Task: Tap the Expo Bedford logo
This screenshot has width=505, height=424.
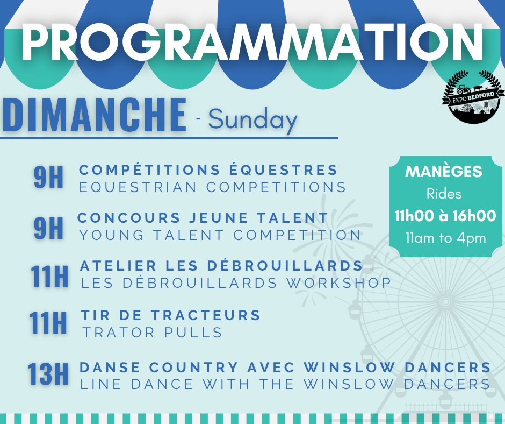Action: pos(473,97)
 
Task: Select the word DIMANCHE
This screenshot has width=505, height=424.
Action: pos(94,115)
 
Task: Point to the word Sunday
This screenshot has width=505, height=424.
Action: pos(252,119)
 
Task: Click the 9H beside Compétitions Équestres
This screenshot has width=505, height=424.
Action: pos(48,177)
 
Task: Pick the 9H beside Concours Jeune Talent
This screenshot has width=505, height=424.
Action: pos(48,228)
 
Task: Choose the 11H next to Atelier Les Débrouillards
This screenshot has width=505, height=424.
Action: pos(49,277)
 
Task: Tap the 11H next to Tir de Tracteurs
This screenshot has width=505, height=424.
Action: pos(48,323)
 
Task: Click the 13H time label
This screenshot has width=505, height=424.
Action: pos(48,374)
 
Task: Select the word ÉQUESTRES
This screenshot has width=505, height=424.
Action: pos(284,169)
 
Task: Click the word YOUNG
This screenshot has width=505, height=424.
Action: pos(112,235)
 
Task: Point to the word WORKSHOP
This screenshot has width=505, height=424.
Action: pos(339,283)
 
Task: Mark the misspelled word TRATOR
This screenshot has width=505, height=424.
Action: pos(119,333)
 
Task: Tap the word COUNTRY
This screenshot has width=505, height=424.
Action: pos(193,367)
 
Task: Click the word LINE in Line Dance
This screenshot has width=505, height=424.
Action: pos(100,384)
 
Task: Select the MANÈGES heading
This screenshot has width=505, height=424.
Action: pos(444,171)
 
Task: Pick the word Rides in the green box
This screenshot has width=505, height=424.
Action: pos(444,194)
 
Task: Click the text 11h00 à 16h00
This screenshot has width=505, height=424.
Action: pos(445,216)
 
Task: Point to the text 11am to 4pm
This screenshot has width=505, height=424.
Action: pos(446,238)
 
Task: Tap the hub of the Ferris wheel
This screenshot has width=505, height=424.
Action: pos(445,302)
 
